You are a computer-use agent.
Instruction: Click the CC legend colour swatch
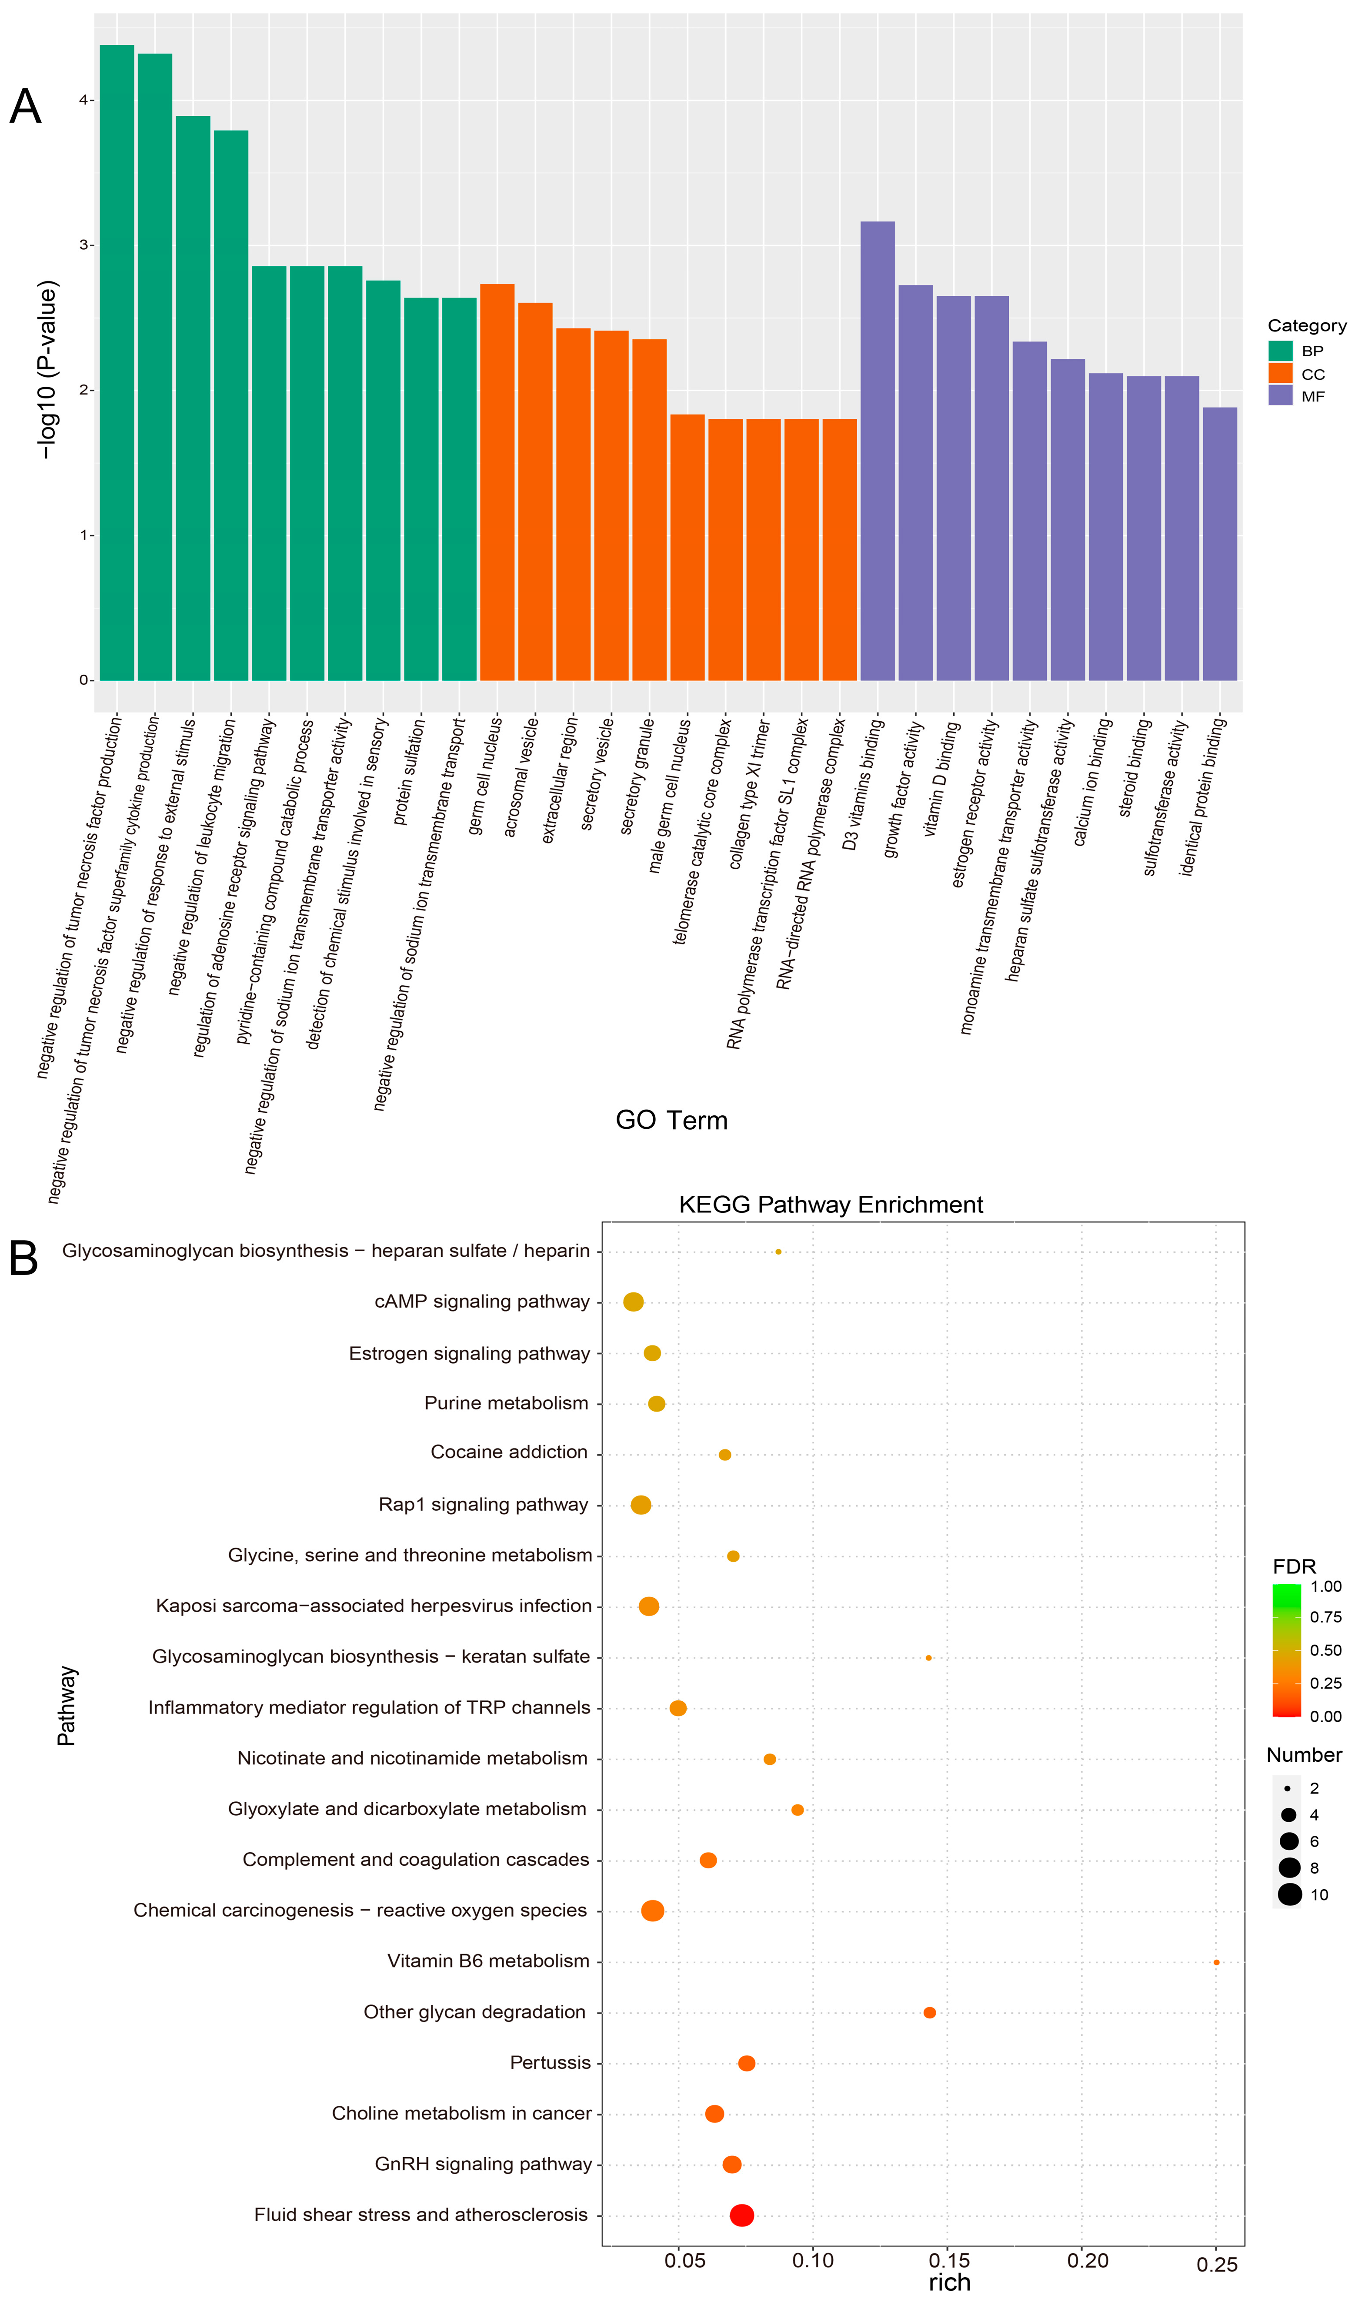point(1280,374)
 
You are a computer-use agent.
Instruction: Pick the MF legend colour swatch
point(1280,395)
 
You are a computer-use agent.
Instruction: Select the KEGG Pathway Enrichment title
point(831,1205)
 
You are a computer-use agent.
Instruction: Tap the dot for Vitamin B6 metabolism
point(1216,1962)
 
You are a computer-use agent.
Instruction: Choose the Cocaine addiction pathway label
point(509,1452)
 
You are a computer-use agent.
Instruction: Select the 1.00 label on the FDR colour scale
point(1325,1586)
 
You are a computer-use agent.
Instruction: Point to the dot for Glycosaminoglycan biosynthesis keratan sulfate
point(928,1658)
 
